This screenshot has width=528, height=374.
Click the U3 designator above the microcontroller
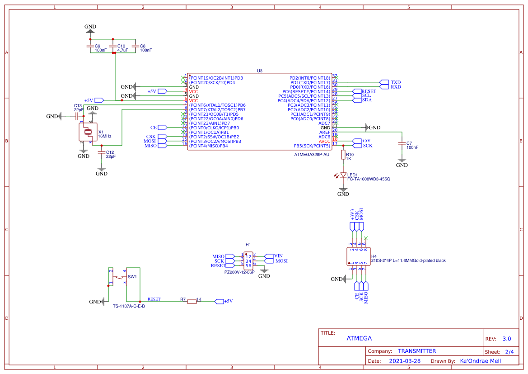click(x=259, y=71)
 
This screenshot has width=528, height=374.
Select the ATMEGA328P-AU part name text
click(x=312, y=155)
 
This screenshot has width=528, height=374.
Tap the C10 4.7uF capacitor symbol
click(x=113, y=46)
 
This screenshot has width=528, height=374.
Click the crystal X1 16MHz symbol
click(x=88, y=132)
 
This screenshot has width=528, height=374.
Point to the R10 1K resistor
click(x=343, y=156)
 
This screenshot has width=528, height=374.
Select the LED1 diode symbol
click(x=343, y=175)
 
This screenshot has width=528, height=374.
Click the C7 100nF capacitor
click(x=402, y=143)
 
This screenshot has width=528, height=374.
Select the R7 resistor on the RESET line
click(x=192, y=301)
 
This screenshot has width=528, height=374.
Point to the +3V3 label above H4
click(x=352, y=214)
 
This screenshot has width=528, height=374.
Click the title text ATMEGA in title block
click(x=359, y=338)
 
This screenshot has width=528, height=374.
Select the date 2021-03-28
click(x=404, y=361)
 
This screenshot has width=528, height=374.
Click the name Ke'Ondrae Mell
click(x=480, y=361)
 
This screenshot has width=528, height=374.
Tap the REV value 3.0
click(x=506, y=339)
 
